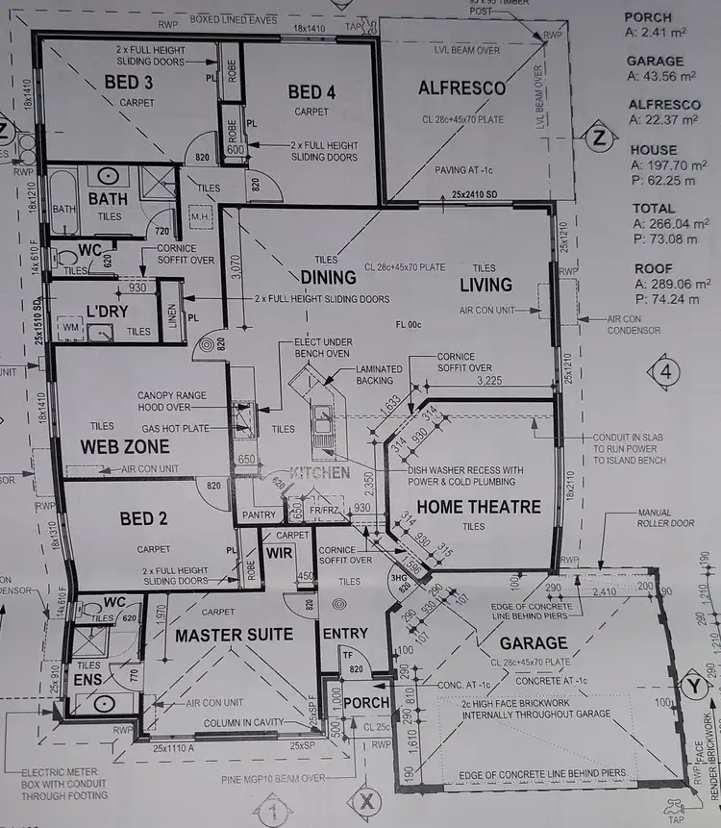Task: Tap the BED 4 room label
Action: (311, 92)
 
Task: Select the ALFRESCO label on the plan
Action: (461, 88)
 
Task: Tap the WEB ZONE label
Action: (125, 447)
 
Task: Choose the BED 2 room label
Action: (144, 519)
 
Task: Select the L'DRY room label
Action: (109, 312)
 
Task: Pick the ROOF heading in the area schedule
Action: (650, 268)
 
